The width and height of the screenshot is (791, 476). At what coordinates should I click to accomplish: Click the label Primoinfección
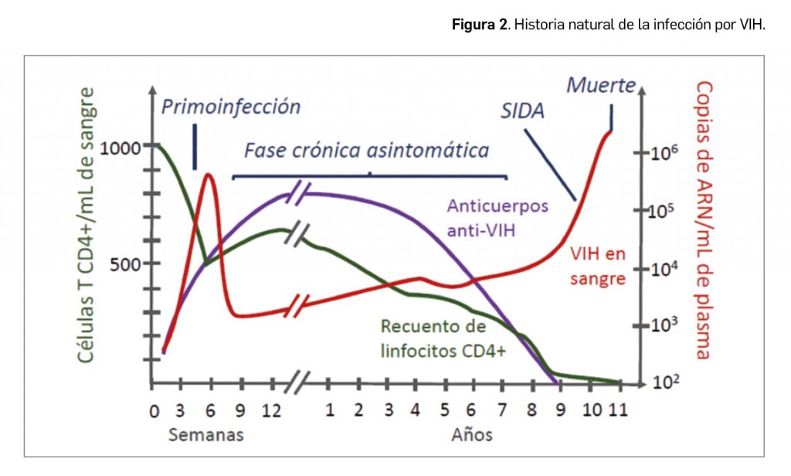(231, 107)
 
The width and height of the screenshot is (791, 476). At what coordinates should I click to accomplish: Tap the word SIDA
(521, 110)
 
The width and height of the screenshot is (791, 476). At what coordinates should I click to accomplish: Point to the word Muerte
(602, 85)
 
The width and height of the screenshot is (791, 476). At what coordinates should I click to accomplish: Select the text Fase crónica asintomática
(367, 150)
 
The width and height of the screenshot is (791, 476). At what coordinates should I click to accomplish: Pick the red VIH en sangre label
(597, 265)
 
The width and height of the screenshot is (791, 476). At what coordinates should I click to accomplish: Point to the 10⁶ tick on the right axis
(666, 152)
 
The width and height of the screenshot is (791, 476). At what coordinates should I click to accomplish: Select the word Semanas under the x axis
(206, 434)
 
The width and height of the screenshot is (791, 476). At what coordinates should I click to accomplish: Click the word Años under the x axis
(472, 434)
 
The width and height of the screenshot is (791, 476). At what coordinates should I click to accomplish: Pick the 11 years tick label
(617, 410)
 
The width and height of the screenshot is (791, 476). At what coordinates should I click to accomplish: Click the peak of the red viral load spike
(208, 175)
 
